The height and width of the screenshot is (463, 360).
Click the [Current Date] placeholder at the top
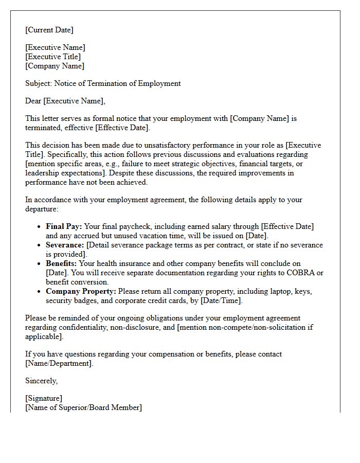click(49, 30)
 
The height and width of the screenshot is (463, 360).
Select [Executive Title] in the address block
click(53, 57)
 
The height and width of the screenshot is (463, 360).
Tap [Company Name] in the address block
click(55, 66)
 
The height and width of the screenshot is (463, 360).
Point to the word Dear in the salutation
click(33, 101)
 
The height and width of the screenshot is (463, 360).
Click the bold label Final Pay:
click(64, 226)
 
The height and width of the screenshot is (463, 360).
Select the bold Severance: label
click(65, 245)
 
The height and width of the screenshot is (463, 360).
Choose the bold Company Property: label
click(81, 291)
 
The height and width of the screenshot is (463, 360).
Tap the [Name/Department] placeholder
click(59, 363)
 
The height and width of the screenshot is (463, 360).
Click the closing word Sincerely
click(41, 381)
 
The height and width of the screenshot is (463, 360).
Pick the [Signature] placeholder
click(44, 398)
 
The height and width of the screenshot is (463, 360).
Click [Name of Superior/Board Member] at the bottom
click(83, 407)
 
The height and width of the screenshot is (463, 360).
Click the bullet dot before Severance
click(40, 245)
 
